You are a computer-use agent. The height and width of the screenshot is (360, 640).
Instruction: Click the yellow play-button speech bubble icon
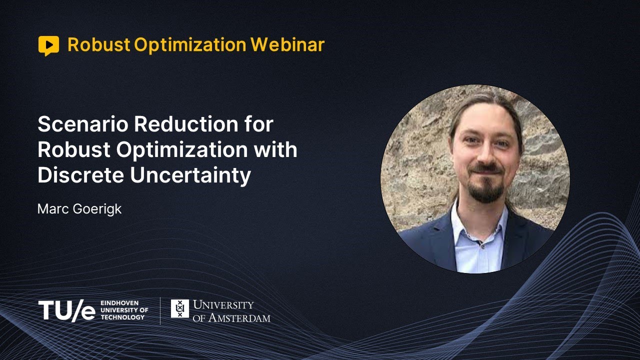point(48,45)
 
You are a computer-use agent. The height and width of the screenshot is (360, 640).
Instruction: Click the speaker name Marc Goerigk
point(79,208)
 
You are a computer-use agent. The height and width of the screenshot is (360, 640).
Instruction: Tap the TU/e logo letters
point(66,310)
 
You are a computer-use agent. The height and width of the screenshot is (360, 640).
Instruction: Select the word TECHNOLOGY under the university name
point(122,317)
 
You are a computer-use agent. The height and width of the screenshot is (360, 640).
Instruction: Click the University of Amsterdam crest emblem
point(179,308)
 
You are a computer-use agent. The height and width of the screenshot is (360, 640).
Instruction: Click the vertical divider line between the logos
point(160,310)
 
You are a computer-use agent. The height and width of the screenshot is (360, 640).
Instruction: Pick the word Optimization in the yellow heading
point(190,45)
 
